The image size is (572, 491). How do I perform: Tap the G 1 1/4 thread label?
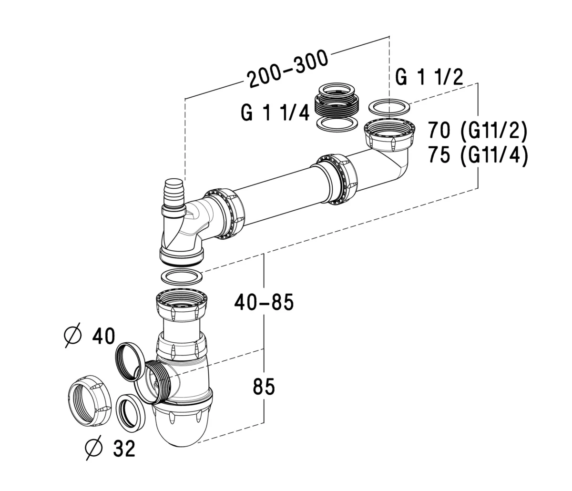pos(275,113)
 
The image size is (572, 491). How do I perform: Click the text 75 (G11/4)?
pos(477,155)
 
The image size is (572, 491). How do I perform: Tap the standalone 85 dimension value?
pos(264,387)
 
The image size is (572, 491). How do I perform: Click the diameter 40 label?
pos(89,336)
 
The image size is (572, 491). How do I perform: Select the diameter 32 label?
pos(110,448)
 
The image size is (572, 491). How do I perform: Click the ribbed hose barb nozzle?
pos(174,193)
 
